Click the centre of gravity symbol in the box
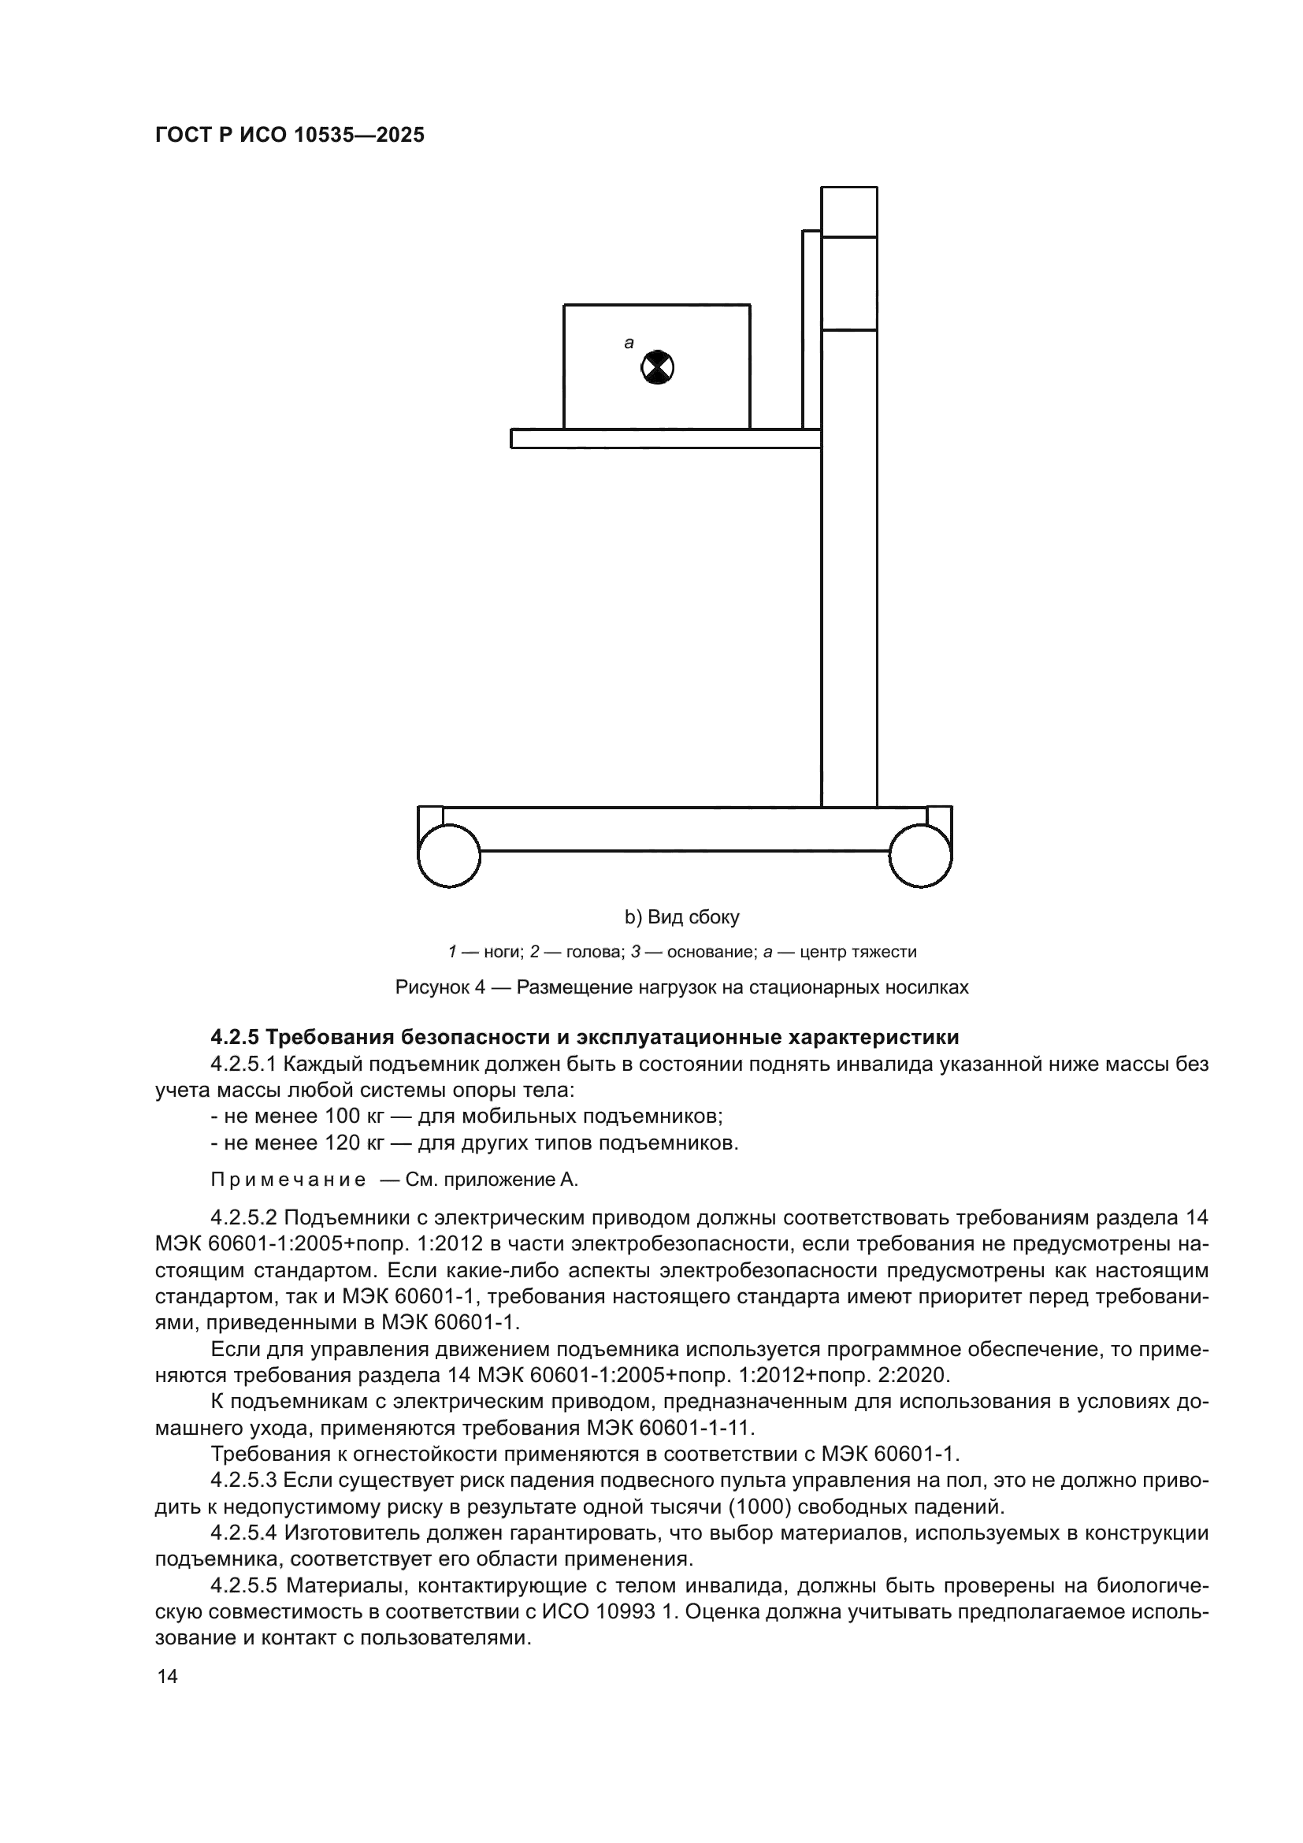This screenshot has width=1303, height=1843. [657, 369]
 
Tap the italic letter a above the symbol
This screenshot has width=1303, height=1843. [629, 344]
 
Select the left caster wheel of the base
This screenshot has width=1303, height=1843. [449, 856]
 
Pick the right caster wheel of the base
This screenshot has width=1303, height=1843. [920, 856]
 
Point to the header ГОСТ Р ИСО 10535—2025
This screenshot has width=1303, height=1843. [290, 136]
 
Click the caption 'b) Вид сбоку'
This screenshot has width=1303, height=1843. [682, 916]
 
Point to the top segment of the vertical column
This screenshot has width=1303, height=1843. [849, 212]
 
